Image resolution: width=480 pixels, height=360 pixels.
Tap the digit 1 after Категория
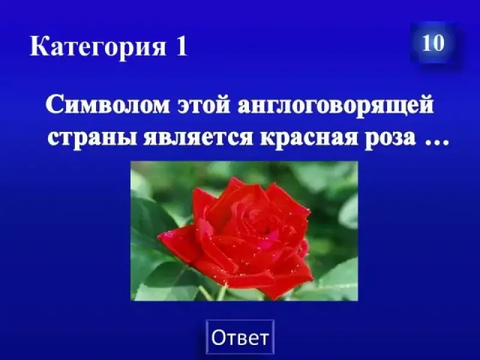tap(181, 46)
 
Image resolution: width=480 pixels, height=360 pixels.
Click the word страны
tap(92, 139)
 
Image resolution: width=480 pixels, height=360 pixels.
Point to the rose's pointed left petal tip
tap(159, 236)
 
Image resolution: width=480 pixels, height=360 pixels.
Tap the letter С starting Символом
tap(53, 105)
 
